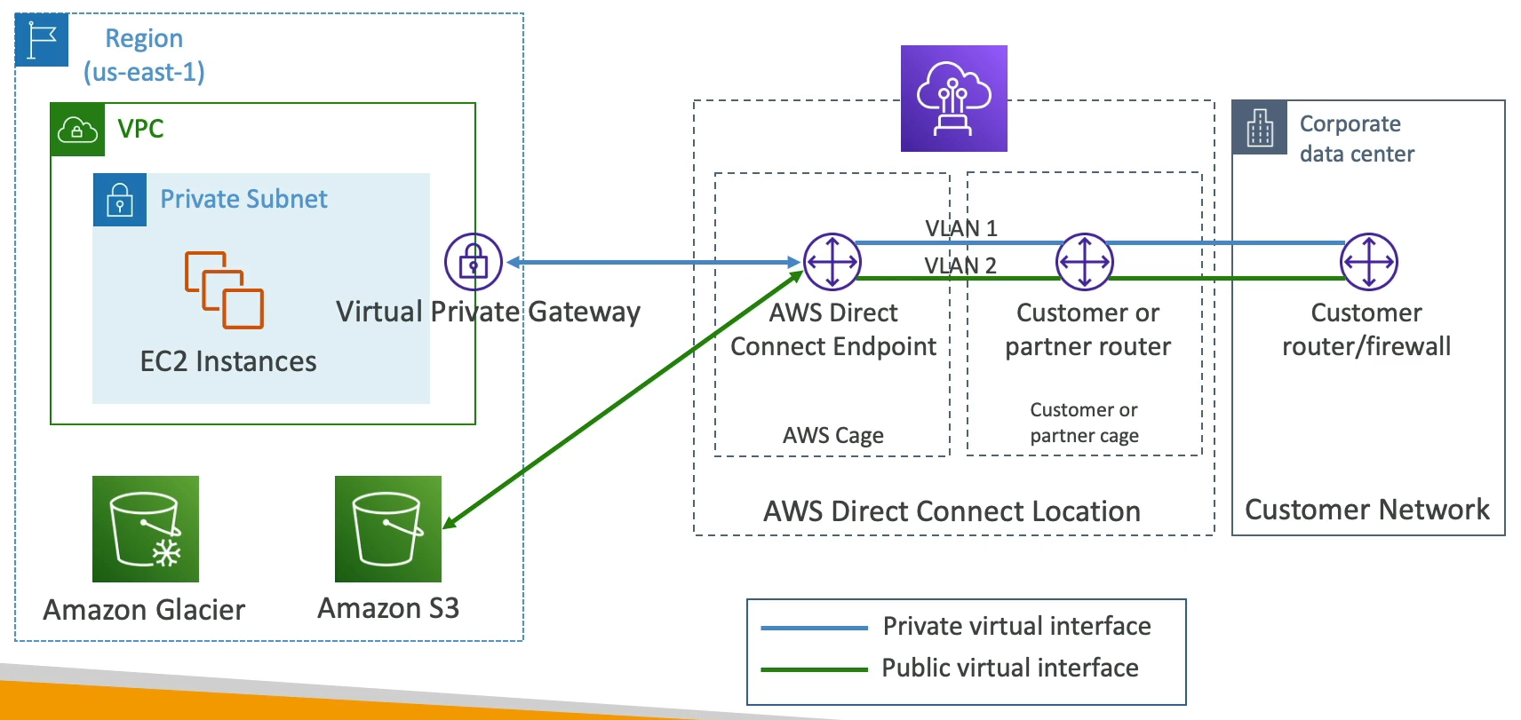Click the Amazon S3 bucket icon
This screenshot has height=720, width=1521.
point(387,529)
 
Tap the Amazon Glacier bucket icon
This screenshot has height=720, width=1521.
point(146,529)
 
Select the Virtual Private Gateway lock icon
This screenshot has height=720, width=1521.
point(474,262)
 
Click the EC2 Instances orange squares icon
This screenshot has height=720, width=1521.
point(224,290)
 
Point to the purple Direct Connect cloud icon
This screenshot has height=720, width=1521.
point(953,99)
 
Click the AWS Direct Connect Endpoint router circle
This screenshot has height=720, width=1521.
point(832,262)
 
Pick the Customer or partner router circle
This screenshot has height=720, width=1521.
point(1084,262)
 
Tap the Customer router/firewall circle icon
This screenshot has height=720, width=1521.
point(1368,262)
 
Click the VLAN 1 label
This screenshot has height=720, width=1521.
point(961,228)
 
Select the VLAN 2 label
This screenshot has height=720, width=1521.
point(960,265)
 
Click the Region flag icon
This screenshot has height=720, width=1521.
point(42,40)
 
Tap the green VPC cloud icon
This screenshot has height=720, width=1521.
point(77,131)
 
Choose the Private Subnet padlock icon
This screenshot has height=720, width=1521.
point(120,200)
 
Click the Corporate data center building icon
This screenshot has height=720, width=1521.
point(1260,128)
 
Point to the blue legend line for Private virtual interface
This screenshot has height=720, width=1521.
point(814,628)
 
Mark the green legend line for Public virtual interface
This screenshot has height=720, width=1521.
point(814,669)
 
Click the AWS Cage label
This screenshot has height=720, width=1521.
point(832,435)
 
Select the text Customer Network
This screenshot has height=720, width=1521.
point(1366,510)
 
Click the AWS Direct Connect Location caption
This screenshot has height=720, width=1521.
point(952,511)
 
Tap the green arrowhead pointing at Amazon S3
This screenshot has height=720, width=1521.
point(450,523)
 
